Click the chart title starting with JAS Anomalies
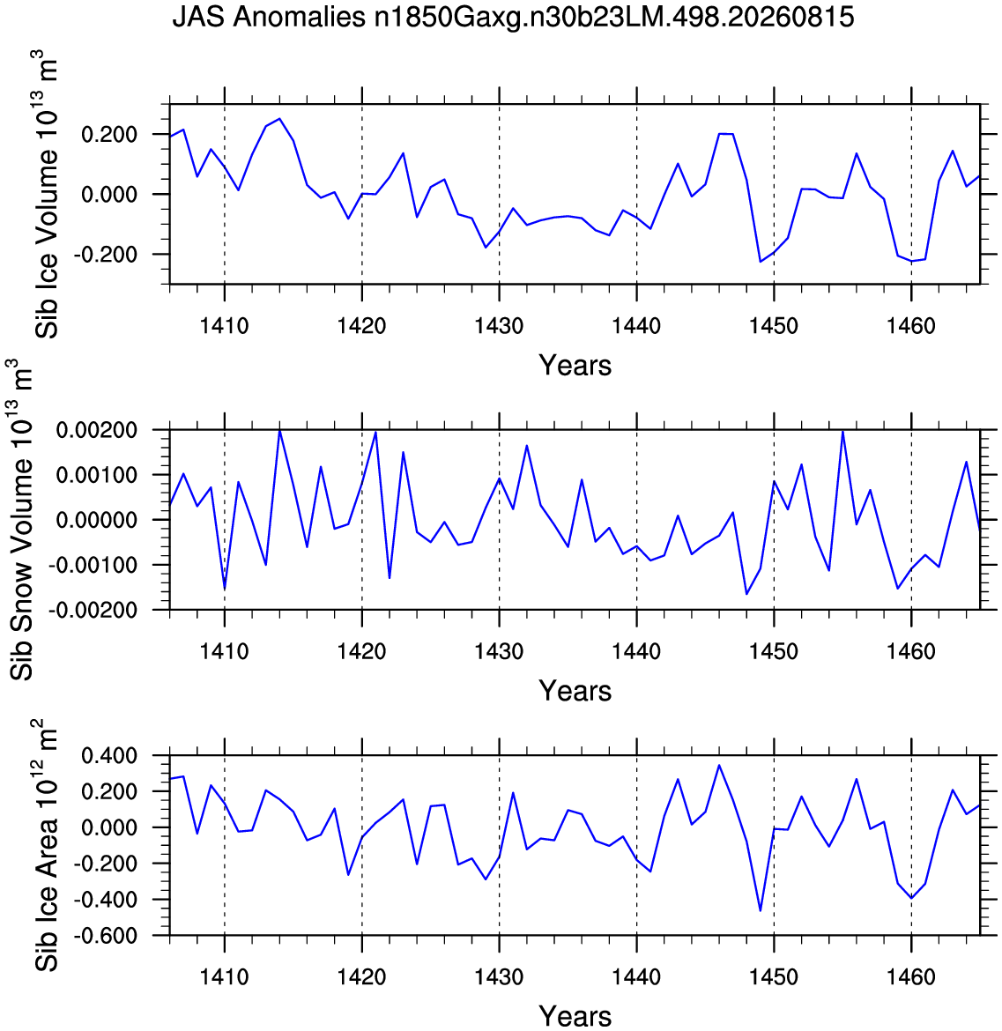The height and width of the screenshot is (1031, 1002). (x=513, y=17)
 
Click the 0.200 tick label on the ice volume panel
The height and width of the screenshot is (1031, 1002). (x=109, y=135)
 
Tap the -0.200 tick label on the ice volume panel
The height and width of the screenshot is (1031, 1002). (x=105, y=255)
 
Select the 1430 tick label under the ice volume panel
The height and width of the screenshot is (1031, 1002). (x=499, y=325)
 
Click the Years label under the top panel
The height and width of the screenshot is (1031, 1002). (x=575, y=365)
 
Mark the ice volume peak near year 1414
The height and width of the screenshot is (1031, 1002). (x=279, y=119)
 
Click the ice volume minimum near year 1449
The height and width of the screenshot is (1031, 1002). (x=760, y=262)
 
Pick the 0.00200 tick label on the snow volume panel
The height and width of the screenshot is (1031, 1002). (x=97, y=431)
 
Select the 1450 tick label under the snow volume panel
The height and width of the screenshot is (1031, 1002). (x=774, y=651)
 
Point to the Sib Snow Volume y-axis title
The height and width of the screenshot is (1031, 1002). (x=21, y=519)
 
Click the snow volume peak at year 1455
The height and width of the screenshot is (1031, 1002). (x=842, y=431)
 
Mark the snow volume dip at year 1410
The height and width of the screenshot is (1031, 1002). (x=225, y=589)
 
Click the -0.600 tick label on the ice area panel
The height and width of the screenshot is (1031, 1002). (x=105, y=936)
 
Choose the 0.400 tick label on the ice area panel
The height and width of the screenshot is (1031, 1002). (x=109, y=756)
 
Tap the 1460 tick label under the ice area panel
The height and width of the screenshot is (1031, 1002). (x=911, y=976)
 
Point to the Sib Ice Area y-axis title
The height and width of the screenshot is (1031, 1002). (x=46, y=846)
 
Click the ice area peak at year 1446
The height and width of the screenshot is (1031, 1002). (x=719, y=766)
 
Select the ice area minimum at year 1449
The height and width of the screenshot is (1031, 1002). (x=760, y=910)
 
